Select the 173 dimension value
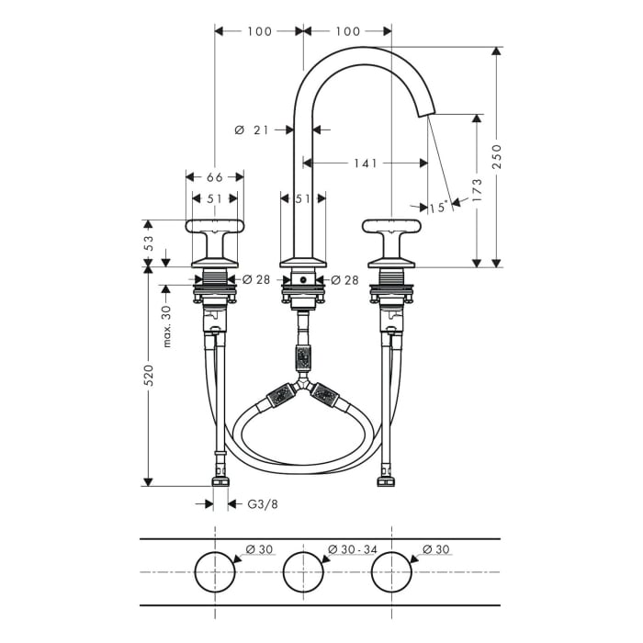pyautogui.click(x=478, y=188)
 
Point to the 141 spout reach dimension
pyautogui.click(x=365, y=164)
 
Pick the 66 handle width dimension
pyautogui.click(x=214, y=176)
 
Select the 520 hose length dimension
pyautogui.click(x=149, y=375)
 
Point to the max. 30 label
pyautogui.click(x=167, y=326)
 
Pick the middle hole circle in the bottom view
pyautogui.click(x=303, y=571)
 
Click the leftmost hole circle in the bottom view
pyautogui.click(x=214, y=571)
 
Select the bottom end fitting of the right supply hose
pyautogui.click(x=385, y=479)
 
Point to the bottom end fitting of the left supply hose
pyautogui.click(x=220, y=479)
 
